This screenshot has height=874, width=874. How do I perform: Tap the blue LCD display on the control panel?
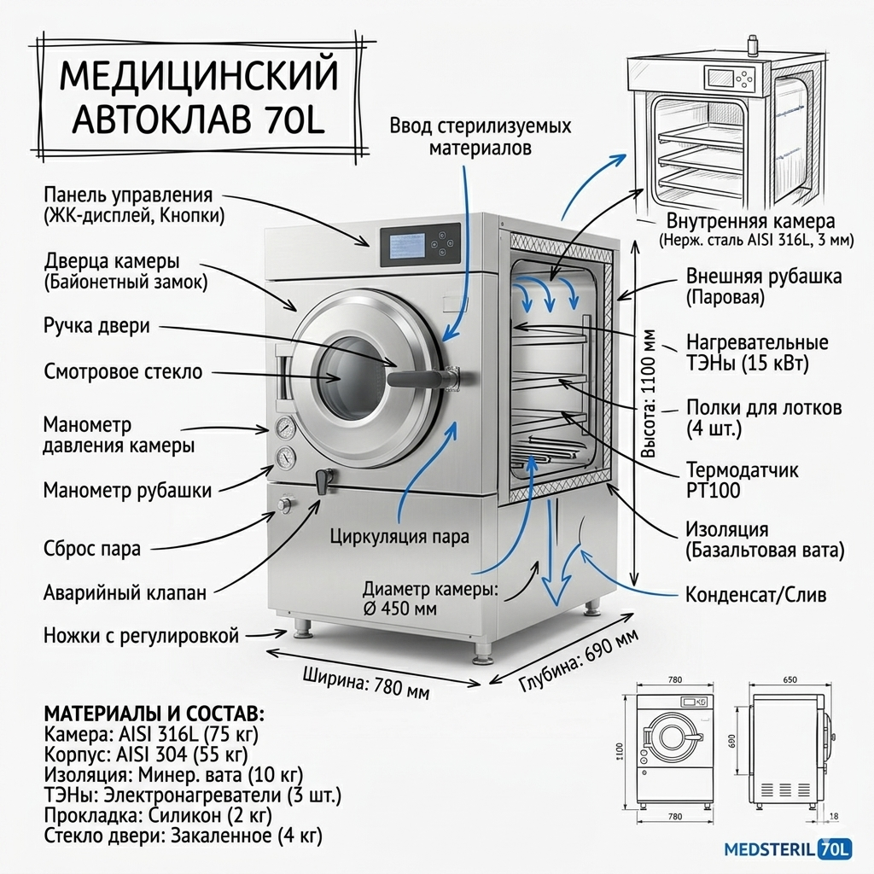pos(407,248)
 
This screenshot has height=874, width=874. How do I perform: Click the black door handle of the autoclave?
pos(418,376)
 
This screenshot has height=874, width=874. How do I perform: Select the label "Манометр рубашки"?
pos(127,490)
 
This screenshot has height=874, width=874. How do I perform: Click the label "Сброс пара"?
pos(91,549)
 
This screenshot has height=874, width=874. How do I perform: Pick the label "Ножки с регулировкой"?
pos(141,636)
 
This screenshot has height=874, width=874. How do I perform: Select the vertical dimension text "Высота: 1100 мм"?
pos(650,393)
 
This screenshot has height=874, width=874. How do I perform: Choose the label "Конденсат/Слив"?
pos(755,595)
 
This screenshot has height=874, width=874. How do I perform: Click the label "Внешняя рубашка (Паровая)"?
pos(763,287)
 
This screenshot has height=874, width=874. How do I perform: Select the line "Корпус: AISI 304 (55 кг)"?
pos(146,755)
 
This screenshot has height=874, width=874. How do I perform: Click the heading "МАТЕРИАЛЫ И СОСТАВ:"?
pos(154,714)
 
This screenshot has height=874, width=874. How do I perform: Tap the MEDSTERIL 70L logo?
pos(787,848)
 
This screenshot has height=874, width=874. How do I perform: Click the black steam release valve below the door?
pos(323,481)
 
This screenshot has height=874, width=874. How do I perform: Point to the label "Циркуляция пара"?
pos(399,538)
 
